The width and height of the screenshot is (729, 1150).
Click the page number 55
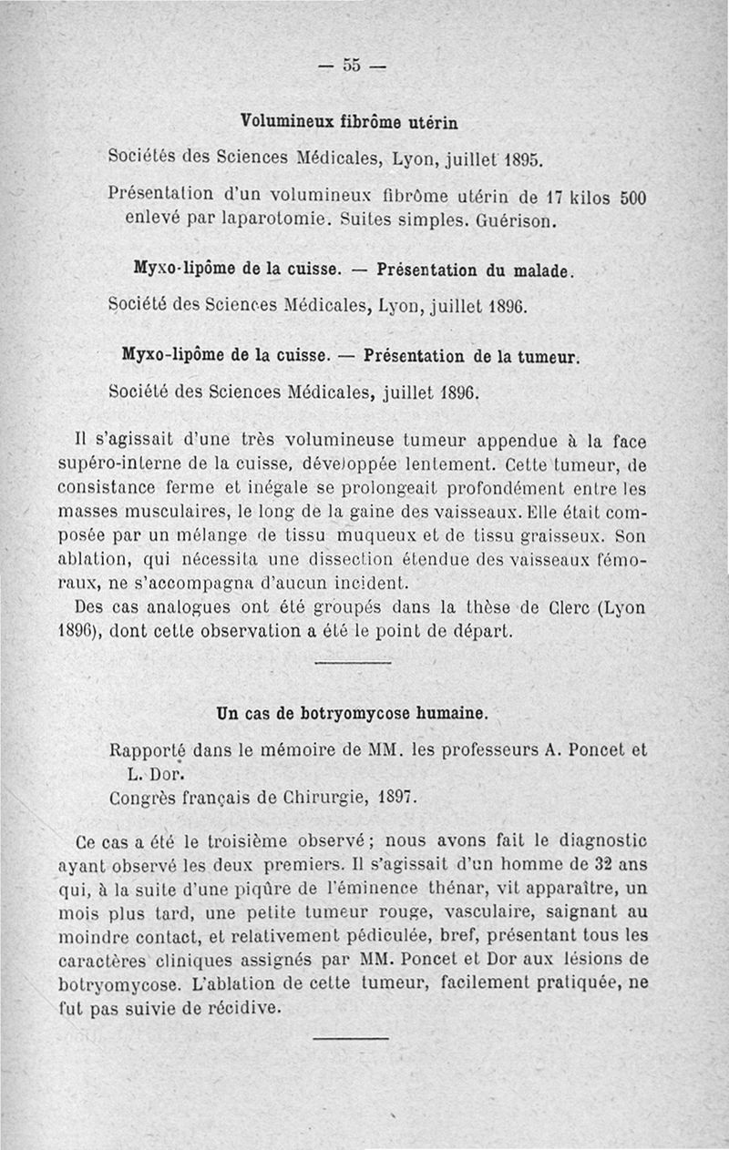pyautogui.click(x=352, y=66)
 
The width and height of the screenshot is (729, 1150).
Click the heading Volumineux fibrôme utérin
pyautogui.click(x=349, y=121)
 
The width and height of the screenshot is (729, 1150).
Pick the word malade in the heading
pyautogui.click(x=538, y=270)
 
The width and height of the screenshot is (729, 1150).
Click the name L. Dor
pyautogui.click(x=152, y=776)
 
